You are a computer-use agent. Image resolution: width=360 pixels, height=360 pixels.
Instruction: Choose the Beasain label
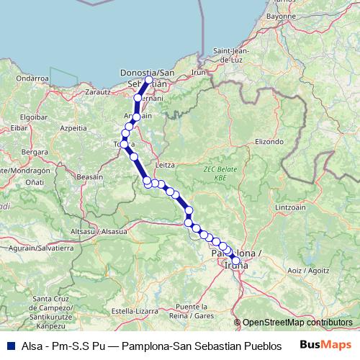90,176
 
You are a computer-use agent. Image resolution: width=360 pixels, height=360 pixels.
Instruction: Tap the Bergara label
35,152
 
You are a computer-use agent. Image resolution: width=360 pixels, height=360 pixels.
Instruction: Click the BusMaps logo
325,344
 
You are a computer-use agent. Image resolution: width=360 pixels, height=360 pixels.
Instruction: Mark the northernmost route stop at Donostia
148,80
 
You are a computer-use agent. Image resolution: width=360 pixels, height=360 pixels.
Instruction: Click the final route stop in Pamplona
235,261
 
